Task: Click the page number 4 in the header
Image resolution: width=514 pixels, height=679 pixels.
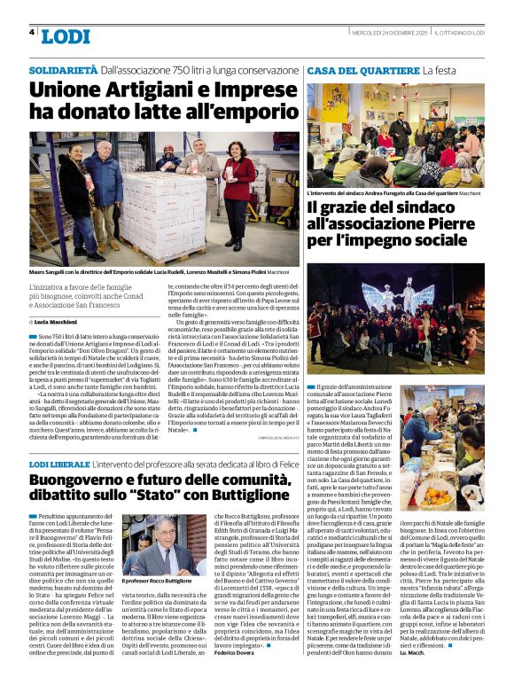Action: (x=32, y=33)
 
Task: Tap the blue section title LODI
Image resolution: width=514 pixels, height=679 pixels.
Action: (x=66, y=36)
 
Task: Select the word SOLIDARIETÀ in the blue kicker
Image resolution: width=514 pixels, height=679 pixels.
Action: (x=63, y=69)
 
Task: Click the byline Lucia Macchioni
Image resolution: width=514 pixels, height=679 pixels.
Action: (x=56, y=321)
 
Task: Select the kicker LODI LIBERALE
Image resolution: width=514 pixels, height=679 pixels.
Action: (x=58, y=464)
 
